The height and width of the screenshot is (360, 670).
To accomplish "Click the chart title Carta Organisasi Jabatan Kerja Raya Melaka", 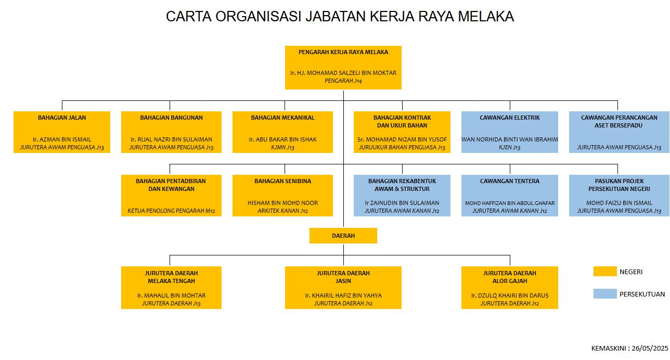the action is [x=340, y=17].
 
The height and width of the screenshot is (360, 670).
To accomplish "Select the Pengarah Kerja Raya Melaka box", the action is [x=343, y=67].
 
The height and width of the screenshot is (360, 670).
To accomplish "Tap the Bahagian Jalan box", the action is [x=62, y=132].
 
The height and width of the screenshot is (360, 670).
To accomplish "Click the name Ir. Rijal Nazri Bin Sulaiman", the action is [x=171, y=139].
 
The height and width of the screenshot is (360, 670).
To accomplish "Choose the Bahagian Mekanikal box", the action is [x=282, y=132].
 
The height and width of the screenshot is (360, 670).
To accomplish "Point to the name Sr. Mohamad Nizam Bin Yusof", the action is [x=402, y=139].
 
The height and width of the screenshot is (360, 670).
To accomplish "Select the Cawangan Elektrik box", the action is [x=510, y=132].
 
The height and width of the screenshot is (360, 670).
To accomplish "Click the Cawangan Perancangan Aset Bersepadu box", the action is [x=619, y=132].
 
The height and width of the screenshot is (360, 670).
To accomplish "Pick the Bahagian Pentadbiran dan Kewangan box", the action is [x=171, y=196].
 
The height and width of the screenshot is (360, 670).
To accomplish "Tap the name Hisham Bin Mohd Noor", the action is [x=282, y=203].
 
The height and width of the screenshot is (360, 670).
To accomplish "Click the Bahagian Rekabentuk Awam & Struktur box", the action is [x=402, y=196].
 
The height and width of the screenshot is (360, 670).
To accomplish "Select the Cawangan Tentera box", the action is [x=510, y=196].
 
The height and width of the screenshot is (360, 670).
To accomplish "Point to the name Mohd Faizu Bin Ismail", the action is [x=619, y=203].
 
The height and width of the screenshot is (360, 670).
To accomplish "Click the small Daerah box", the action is [x=343, y=236].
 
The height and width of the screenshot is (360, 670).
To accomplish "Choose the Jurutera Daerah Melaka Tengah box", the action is [x=171, y=288].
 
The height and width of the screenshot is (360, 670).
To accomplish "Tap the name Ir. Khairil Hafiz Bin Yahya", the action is [x=343, y=295].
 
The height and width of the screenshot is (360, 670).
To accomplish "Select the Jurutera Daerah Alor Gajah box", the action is [x=510, y=288].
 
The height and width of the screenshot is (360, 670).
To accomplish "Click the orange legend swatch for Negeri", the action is [x=605, y=272].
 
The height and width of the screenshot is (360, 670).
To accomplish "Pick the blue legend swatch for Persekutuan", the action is [x=605, y=293].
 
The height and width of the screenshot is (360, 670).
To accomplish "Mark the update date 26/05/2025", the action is [x=650, y=349].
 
